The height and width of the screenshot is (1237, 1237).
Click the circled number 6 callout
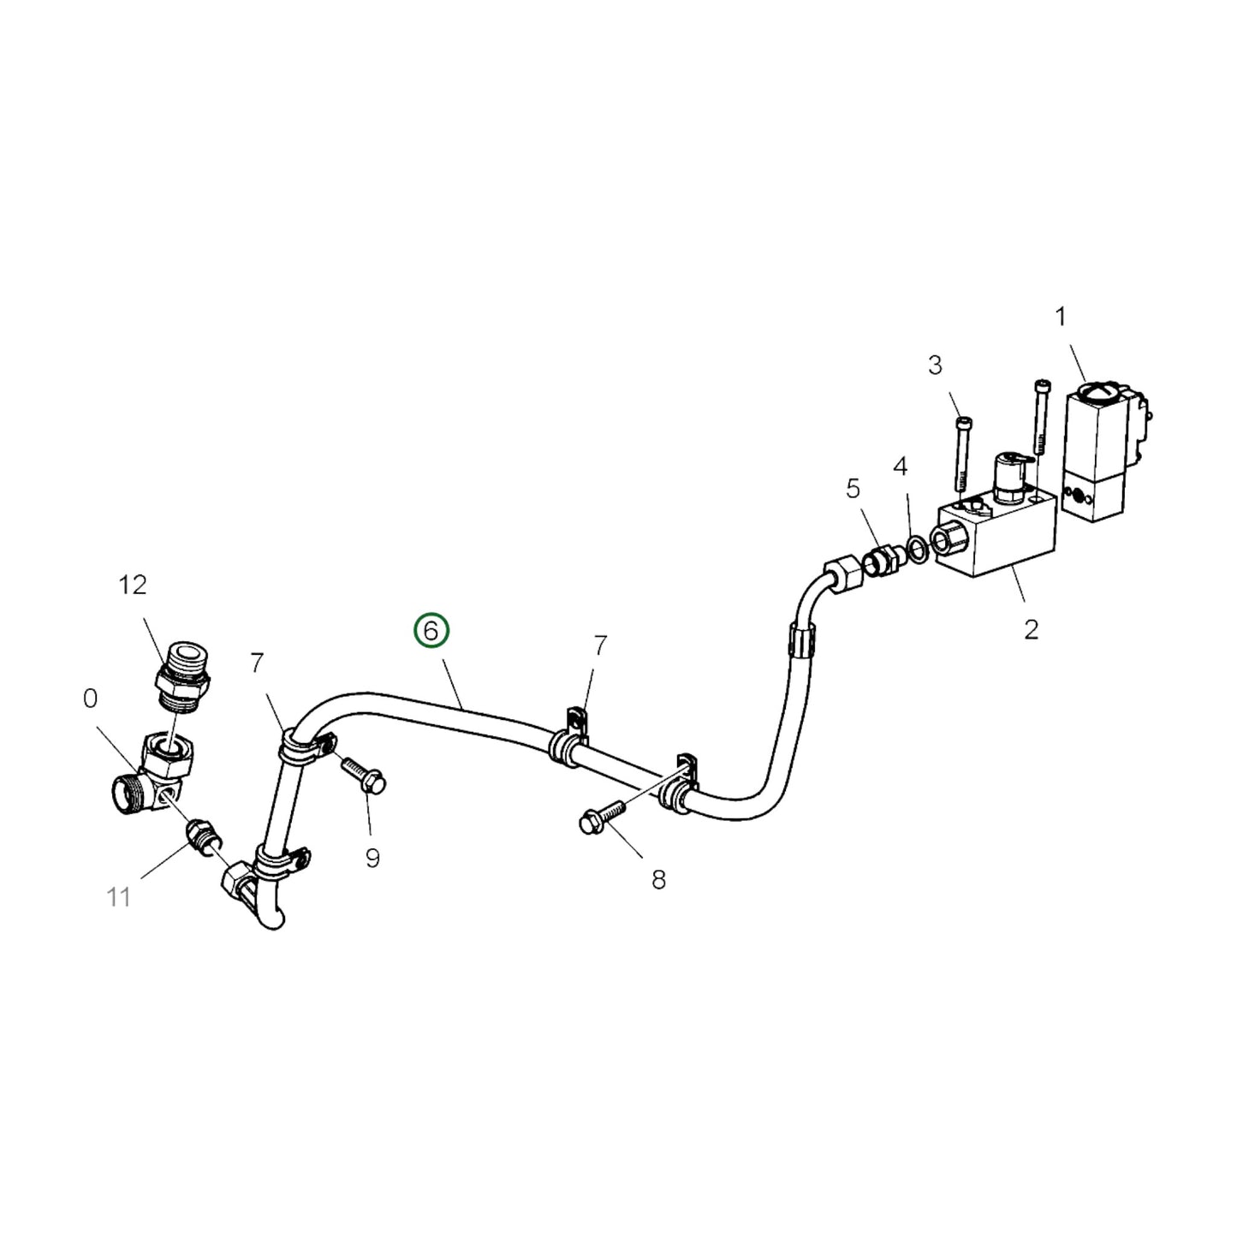(x=431, y=631)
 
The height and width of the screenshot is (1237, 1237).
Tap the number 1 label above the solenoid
(x=1061, y=318)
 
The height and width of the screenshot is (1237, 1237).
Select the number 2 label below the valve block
(x=935, y=366)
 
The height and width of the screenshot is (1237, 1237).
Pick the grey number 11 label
(x=119, y=897)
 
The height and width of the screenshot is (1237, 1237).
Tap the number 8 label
(x=658, y=880)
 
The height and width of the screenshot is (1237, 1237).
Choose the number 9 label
(x=372, y=859)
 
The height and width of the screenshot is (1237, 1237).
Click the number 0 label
(x=91, y=699)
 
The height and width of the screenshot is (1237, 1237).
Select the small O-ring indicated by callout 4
(x=916, y=550)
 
